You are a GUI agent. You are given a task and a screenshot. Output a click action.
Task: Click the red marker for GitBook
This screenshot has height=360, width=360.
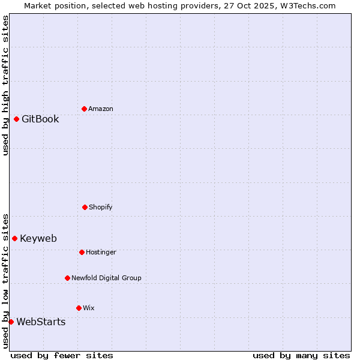pos(16,119)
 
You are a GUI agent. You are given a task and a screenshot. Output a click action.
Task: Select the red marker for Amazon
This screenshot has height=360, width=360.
pos(84,109)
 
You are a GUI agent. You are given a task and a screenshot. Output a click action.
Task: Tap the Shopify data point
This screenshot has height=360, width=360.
pos(85,207)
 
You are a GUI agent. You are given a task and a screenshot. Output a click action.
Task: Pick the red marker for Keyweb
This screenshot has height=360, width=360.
pos(14,238)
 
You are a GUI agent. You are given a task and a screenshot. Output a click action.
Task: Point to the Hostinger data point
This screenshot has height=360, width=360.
pos(82,252)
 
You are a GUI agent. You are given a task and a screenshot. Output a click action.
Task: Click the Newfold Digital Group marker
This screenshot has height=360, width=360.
pos(67,278)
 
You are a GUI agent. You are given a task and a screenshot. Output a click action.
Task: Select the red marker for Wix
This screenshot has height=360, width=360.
pos(79,308)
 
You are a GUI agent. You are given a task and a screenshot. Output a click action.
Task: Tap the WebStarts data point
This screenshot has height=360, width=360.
pos(11,322)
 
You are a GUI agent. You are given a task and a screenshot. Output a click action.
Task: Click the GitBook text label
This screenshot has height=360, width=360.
pos(40,119)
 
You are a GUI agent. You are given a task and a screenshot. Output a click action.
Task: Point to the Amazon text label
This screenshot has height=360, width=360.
pos(101,109)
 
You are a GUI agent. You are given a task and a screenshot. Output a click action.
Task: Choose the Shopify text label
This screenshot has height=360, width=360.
pos(101,207)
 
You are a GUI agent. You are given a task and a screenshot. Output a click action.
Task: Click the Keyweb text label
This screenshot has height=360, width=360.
pos(38,238)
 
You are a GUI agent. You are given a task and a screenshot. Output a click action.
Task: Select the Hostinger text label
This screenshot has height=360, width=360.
pos(101,252)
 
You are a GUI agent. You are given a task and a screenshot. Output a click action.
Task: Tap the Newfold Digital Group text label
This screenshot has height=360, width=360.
pos(106,278)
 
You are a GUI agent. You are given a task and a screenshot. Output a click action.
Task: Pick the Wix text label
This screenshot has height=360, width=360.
pos(89,308)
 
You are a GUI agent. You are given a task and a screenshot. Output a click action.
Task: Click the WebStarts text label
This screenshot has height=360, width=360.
pos(41,322)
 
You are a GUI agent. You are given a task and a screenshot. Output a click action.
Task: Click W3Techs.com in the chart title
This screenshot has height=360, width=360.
pos(307,5)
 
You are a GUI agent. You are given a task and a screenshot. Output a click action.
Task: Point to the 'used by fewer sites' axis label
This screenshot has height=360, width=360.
pos(62,355)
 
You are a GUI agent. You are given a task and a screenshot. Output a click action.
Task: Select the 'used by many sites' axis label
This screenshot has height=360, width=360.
pos(301,355)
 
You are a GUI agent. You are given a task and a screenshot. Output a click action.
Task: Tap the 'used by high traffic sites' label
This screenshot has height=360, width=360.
pos(5,85)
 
